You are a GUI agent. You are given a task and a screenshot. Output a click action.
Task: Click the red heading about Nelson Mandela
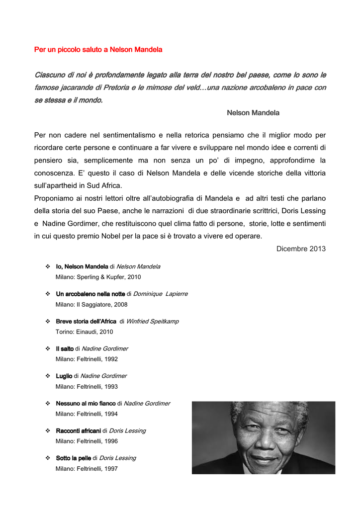tap(98, 50)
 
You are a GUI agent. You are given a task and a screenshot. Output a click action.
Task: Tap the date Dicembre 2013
tap(301, 249)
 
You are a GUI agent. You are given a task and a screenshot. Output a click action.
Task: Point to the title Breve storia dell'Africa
tap(86, 322)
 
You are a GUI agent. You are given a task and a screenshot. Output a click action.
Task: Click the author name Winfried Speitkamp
tap(152, 322)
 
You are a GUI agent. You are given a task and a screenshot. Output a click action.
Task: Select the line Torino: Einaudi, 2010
tap(84, 332)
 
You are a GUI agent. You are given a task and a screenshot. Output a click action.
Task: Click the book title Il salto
tap(65, 349)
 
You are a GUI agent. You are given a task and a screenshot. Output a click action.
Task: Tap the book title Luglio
tap(64, 376)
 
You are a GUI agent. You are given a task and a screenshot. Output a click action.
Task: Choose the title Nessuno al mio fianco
tap(85, 404)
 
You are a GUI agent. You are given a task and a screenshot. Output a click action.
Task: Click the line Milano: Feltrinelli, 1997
tap(87, 468)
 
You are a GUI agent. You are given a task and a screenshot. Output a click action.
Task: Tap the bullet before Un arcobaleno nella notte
tap(47, 294)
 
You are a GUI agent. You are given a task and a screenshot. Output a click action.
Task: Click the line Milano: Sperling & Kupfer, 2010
tap(94, 277)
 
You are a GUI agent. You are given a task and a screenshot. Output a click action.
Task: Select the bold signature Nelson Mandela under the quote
tap(253, 113)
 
